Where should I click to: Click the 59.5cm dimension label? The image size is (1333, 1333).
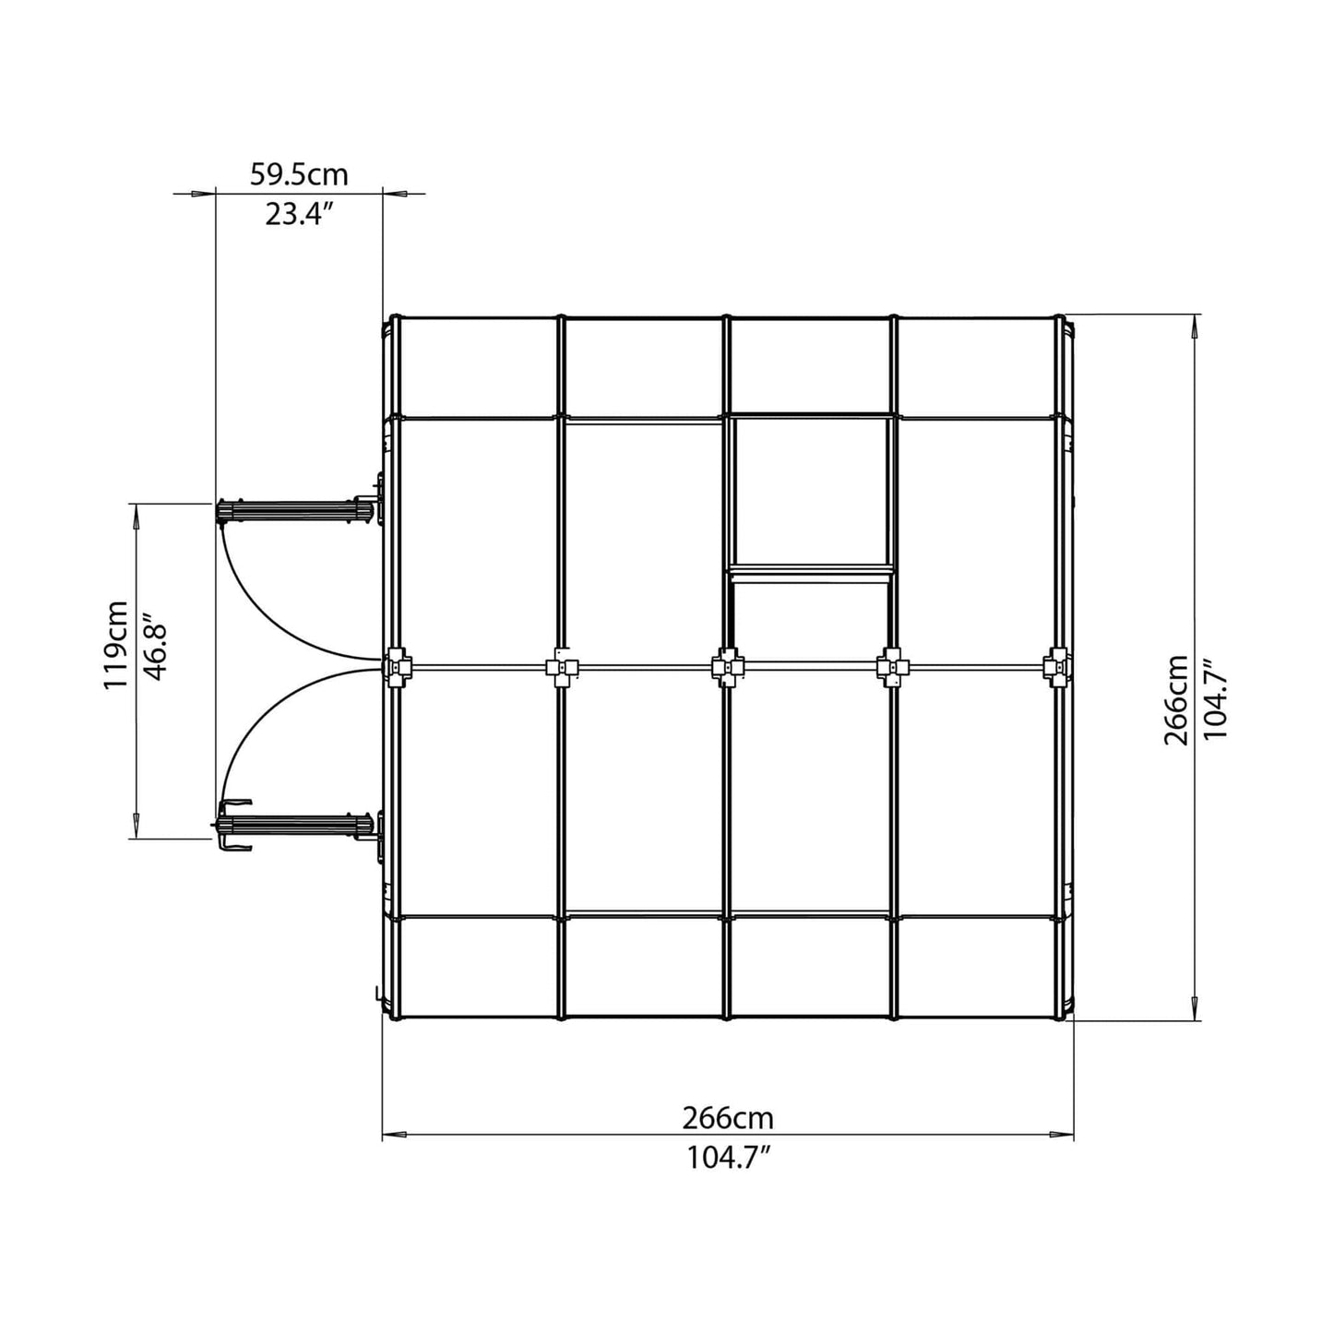tap(299, 173)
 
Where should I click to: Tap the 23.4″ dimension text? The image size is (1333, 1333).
tap(299, 214)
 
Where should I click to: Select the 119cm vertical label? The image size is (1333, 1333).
tap(116, 644)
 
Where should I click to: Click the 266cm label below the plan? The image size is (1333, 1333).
tap(728, 1118)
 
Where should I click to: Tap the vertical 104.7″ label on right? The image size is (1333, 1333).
tap(1216, 699)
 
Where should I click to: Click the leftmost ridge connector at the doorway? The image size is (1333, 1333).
tap(400, 665)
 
